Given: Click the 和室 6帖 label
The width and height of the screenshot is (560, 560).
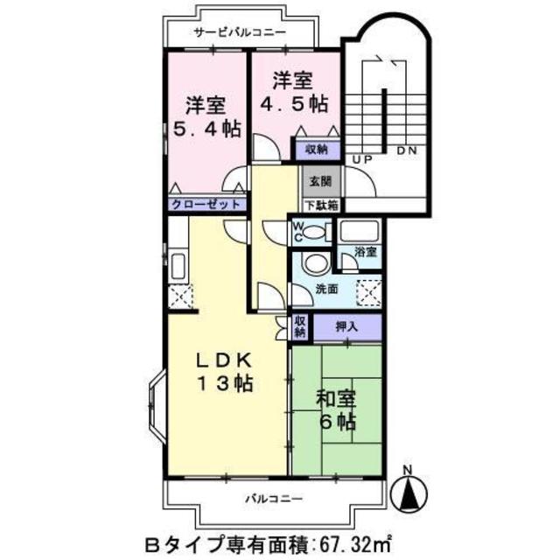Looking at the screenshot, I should pyautogui.click(x=335, y=409).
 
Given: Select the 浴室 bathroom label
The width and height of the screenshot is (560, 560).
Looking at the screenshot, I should pyautogui.click(x=365, y=252).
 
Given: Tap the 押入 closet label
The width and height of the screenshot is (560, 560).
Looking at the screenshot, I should pyautogui.click(x=347, y=326).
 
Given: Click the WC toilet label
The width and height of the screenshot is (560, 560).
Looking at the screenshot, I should pyautogui.click(x=297, y=232).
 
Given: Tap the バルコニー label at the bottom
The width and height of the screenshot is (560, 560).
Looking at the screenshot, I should pyautogui.click(x=273, y=499).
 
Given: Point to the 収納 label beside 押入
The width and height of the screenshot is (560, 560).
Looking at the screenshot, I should pyautogui.click(x=299, y=327).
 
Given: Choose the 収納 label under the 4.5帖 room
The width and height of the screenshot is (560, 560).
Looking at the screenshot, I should pyautogui.click(x=316, y=150).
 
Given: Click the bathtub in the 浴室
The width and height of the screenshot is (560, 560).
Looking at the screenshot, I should pyautogui.click(x=359, y=232).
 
